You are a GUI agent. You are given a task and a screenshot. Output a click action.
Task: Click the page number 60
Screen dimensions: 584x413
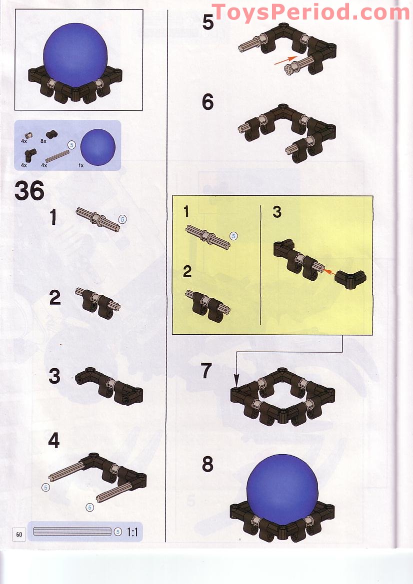click(19, 534)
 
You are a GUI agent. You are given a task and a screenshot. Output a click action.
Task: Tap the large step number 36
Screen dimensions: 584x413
click(29, 191)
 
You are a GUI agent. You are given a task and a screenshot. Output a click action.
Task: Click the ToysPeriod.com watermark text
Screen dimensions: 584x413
click(311, 12)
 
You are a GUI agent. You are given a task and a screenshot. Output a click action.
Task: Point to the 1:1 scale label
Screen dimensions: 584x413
click(132, 532)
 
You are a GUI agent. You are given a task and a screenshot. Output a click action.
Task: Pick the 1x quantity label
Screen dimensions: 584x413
click(81, 165)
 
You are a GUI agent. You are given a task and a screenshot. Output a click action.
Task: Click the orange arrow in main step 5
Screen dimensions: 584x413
click(285, 61)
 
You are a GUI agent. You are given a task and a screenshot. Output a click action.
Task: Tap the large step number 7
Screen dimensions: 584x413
click(206, 371)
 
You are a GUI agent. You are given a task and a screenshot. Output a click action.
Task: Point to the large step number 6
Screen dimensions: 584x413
click(207, 102)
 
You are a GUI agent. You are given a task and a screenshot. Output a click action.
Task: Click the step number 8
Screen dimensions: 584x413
click(207, 465)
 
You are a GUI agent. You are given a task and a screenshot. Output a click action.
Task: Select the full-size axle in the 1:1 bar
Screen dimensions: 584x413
click(72, 532)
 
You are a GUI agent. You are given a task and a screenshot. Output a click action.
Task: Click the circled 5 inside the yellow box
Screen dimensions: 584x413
click(233, 236)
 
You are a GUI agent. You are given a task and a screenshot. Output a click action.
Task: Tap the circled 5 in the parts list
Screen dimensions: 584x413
click(71, 145)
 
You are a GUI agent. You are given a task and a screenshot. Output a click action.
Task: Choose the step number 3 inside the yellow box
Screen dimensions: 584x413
click(277, 212)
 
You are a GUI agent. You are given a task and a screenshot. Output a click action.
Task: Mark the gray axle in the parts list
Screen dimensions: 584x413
click(57, 156)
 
